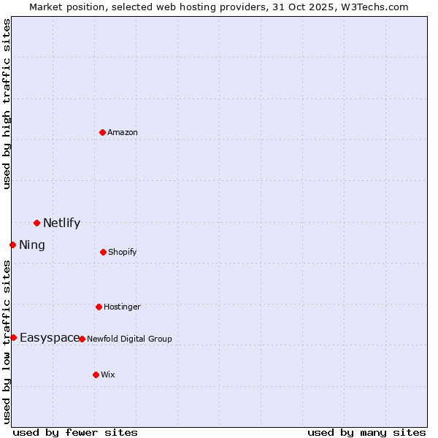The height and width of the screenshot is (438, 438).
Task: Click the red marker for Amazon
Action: click(102, 132)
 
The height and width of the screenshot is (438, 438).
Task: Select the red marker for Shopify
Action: click(103, 252)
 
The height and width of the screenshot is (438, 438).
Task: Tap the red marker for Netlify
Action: click(36, 223)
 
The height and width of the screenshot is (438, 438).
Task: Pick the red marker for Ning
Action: click(12, 245)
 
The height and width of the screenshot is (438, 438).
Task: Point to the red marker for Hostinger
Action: click(99, 307)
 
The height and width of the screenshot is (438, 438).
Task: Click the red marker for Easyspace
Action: click(13, 337)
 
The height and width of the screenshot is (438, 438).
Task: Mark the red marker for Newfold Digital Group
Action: click(82, 339)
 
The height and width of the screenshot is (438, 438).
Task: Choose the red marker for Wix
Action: click(96, 374)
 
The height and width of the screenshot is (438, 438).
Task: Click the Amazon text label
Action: click(123, 132)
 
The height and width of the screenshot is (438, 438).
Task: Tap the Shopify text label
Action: click(123, 252)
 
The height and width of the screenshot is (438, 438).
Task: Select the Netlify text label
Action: click(61, 223)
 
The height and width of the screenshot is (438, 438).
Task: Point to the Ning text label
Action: click(32, 245)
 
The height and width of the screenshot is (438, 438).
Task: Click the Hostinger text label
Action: click(122, 307)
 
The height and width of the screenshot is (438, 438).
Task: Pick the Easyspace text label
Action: click(50, 337)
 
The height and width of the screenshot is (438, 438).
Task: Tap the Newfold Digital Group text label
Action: click(130, 339)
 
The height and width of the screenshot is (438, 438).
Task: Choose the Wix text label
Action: click(108, 374)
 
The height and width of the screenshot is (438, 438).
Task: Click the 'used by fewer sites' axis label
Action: click(75, 432)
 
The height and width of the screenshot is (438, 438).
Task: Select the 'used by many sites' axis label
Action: click(366, 432)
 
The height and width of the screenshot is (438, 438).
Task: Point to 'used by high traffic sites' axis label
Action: click(7, 104)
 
